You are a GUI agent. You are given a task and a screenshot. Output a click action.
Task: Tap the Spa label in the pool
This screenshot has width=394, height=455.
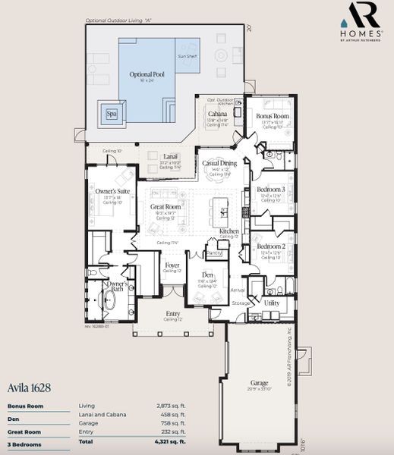point(112,114)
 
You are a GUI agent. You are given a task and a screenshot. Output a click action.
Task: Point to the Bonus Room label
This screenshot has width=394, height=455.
point(273,116)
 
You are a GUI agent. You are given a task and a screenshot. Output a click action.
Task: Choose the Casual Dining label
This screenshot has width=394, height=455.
point(219,163)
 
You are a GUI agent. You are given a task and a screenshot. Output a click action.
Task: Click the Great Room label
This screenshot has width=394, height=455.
point(166,206)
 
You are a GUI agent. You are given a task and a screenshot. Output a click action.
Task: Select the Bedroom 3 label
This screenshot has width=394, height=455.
point(270,189)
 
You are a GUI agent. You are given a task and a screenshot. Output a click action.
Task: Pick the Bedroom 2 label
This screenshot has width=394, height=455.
point(270,246)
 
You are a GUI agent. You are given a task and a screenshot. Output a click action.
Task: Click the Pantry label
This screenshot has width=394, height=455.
point(215,253)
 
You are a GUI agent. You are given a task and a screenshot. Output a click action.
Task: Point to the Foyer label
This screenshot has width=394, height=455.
point(172,265)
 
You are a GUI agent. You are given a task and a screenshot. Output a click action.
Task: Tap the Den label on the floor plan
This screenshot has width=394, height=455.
point(207,274)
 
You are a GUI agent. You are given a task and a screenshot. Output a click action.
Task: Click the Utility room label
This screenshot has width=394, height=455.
point(271,302)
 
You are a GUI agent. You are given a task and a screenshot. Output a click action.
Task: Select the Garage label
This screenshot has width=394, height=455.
point(260,383)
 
